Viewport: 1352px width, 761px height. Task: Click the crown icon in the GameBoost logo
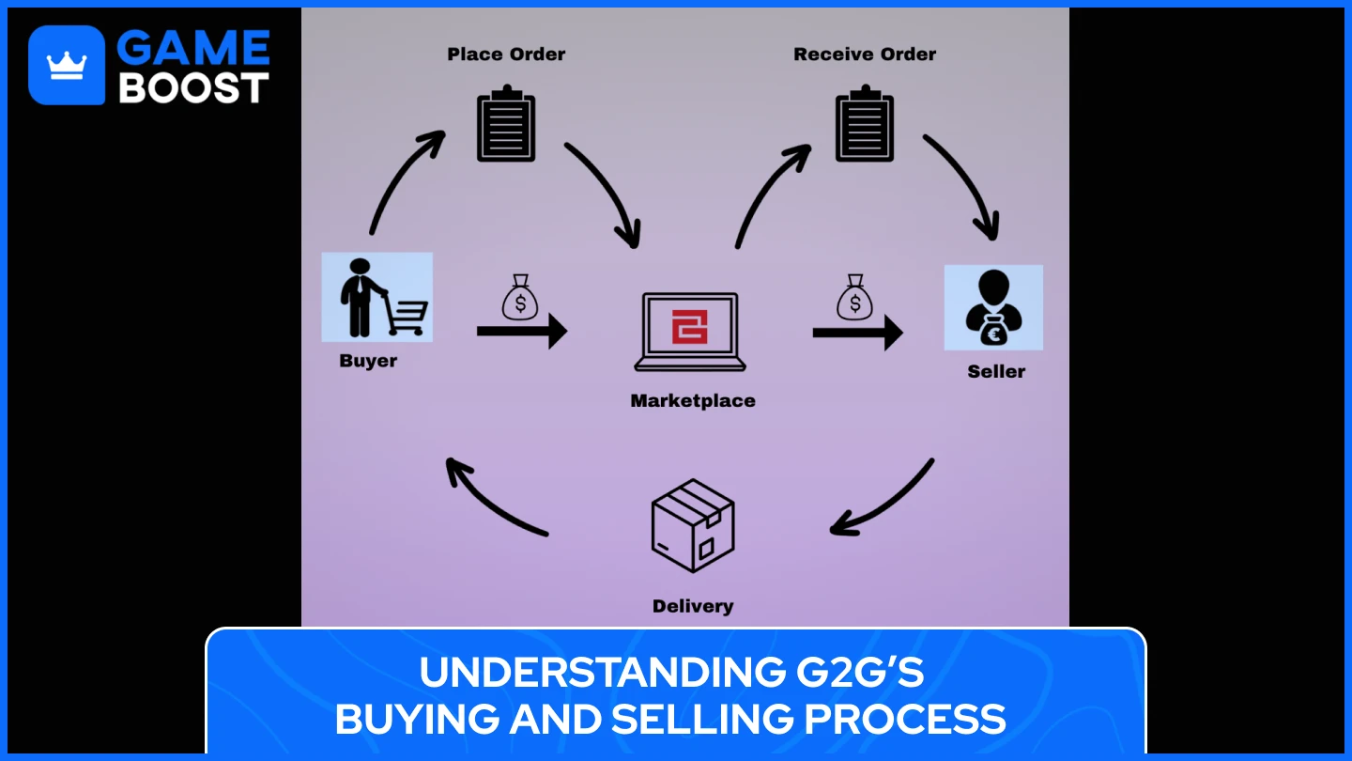pyautogui.click(x=67, y=65)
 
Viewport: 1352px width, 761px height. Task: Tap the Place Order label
pyautogui.click(x=506, y=54)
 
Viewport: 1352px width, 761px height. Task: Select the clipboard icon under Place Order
pyautogui.click(x=506, y=123)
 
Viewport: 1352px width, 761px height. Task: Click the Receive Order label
pyautogui.click(x=865, y=54)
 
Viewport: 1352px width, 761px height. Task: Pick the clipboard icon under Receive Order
pyautogui.click(x=865, y=123)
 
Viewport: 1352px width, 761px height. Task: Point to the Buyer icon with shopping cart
pyautogui.click(x=376, y=296)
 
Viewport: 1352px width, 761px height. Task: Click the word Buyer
pyautogui.click(x=368, y=361)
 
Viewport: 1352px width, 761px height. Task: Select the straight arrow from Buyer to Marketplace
pyautogui.click(x=521, y=331)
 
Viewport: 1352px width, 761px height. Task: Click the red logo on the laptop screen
pyautogui.click(x=690, y=327)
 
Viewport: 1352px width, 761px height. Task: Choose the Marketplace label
pyautogui.click(x=693, y=401)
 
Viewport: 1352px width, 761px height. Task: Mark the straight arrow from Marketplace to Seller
pyautogui.click(x=856, y=333)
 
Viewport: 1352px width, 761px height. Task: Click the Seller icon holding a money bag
pyautogui.click(x=993, y=307)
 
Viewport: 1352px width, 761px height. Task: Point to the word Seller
pyautogui.click(x=996, y=372)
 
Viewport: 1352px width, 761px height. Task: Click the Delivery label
pyautogui.click(x=693, y=607)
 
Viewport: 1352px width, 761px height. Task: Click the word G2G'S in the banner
pyautogui.click(x=854, y=673)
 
